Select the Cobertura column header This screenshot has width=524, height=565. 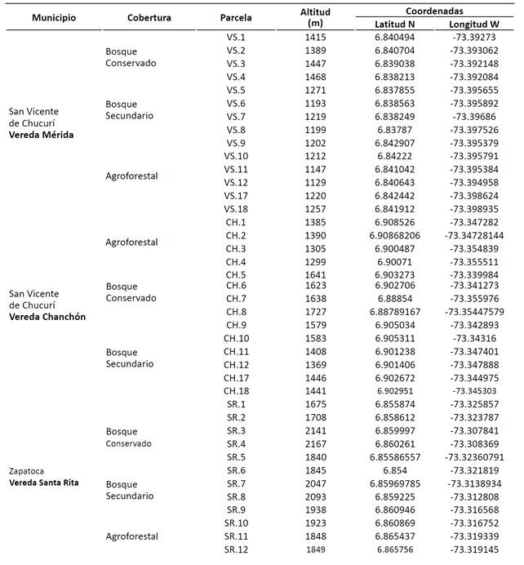click(x=149, y=18)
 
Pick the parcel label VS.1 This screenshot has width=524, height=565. click(x=236, y=38)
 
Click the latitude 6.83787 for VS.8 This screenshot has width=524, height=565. click(x=393, y=129)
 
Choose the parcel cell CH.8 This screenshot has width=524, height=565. click(x=236, y=311)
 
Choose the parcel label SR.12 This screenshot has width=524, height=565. click(x=236, y=549)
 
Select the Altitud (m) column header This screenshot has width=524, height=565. click(x=313, y=18)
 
